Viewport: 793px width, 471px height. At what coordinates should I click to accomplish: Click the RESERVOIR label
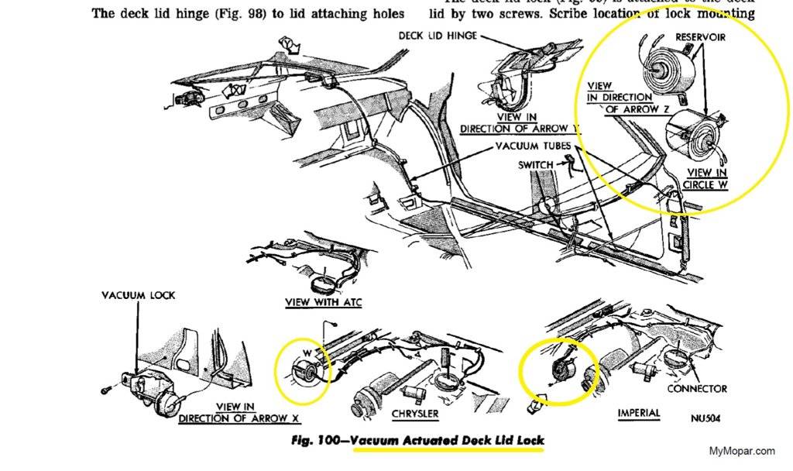(701, 36)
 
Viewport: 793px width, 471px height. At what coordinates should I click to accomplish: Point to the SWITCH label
(535, 164)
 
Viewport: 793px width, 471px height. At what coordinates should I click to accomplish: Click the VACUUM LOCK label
(139, 295)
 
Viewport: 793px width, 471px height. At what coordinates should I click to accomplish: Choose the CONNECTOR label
(697, 388)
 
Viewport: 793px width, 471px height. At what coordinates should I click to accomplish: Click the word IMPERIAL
(639, 413)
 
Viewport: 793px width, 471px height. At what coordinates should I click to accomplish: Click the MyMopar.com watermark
(741, 450)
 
